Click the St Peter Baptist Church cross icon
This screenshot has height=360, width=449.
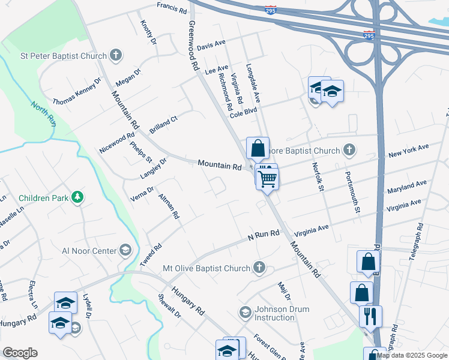[115, 56]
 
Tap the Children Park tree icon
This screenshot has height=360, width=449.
[77, 197]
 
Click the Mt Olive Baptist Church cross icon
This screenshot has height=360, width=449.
[259, 268]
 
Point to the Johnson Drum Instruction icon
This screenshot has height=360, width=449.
[245, 313]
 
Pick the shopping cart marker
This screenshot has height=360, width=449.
[268, 178]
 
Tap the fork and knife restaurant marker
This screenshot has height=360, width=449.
[370, 315]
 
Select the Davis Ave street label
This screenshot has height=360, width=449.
[211, 45]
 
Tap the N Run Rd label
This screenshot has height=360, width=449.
[264, 236]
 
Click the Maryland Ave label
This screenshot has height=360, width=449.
[406, 186]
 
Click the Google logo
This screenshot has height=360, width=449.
[20, 353]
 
